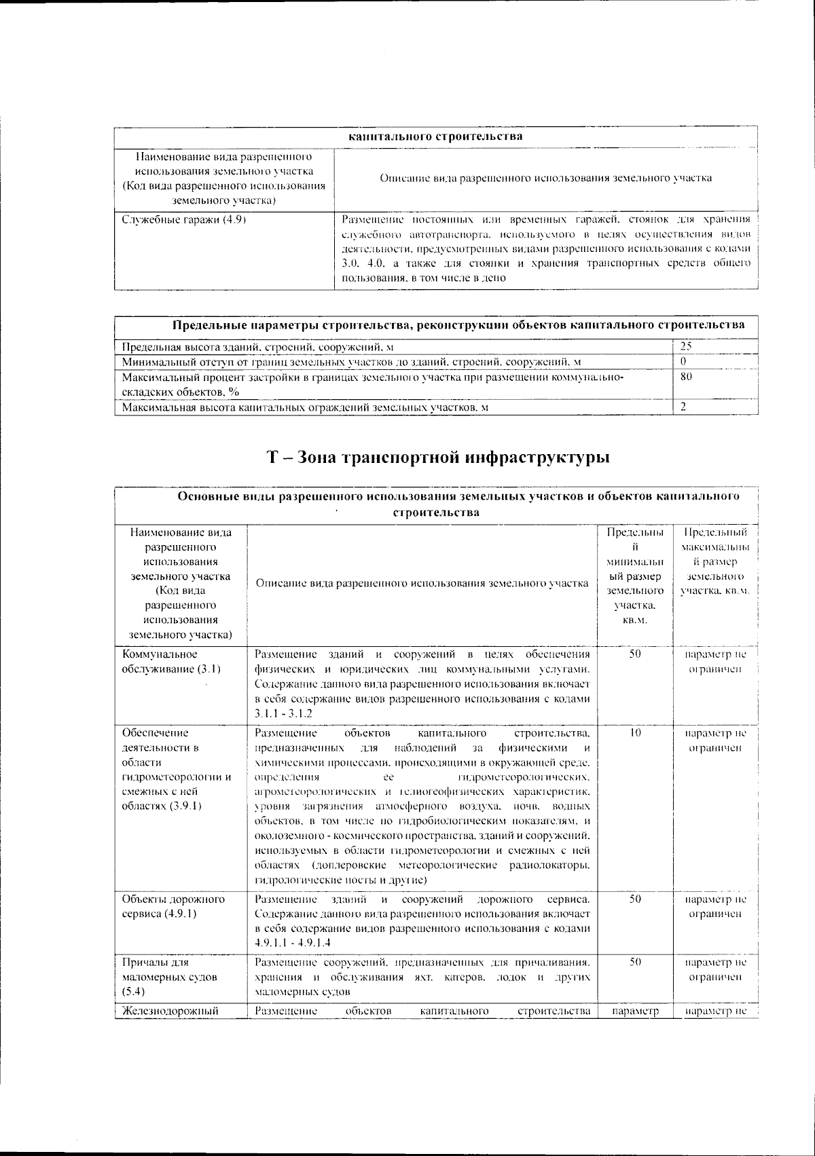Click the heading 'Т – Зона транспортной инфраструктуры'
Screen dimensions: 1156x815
[x=437, y=458]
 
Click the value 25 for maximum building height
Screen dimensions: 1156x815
[x=687, y=346]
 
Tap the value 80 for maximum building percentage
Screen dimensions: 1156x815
[x=687, y=377]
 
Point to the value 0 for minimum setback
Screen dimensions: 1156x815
[x=684, y=361]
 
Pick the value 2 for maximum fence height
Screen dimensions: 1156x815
[x=684, y=407]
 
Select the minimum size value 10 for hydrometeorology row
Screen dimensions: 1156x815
[x=635, y=733]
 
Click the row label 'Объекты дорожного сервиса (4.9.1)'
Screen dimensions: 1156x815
[x=173, y=906]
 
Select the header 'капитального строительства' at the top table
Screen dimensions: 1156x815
[x=435, y=136]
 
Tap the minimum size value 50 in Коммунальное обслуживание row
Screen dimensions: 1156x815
[x=635, y=654]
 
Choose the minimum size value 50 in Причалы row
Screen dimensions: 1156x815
[x=635, y=962]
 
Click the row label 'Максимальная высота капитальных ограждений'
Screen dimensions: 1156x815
[x=305, y=407]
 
